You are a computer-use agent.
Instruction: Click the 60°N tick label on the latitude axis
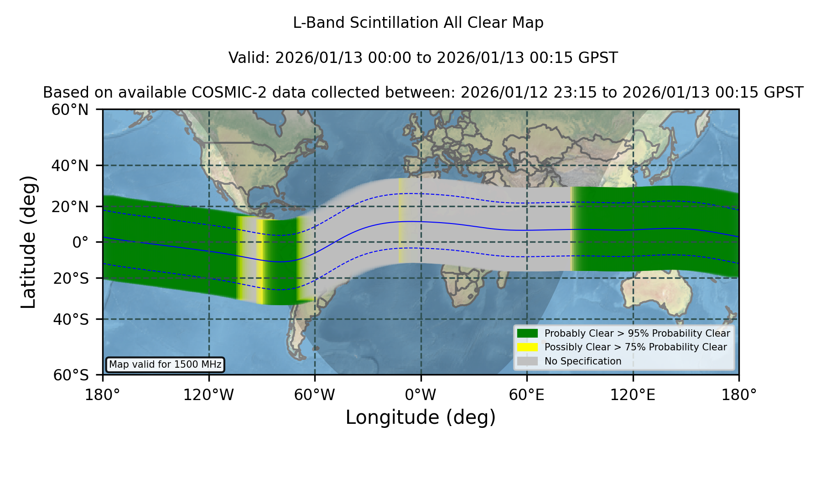coord(70,109)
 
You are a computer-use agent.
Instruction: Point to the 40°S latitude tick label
coord(71,319)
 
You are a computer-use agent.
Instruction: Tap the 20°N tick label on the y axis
coord(70,207)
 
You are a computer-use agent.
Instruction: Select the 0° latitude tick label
coord(80,242)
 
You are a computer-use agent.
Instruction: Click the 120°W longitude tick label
coord(208,395)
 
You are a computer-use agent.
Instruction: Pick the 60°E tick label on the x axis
coord(527,395)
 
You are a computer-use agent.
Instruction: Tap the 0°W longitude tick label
coord(421,395)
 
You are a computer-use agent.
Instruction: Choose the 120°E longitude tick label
coord(633,395)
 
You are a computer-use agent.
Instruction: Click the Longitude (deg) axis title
coord(421,417)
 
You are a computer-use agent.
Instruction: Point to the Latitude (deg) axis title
coord(29,242)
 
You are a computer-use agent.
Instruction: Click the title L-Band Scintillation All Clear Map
coord(418,23)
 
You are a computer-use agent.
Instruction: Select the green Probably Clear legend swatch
coord(527,333)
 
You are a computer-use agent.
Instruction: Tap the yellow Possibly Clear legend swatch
coord(527,347)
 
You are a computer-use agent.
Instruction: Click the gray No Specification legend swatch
coord(527,361)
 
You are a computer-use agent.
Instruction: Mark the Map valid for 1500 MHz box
coord(165,364)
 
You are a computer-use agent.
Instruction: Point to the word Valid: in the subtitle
coord(249,58)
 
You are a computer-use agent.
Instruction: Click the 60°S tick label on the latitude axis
coord(71,375)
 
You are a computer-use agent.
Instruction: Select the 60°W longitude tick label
coord(315,395)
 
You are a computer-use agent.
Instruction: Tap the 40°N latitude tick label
coord(70,166)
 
